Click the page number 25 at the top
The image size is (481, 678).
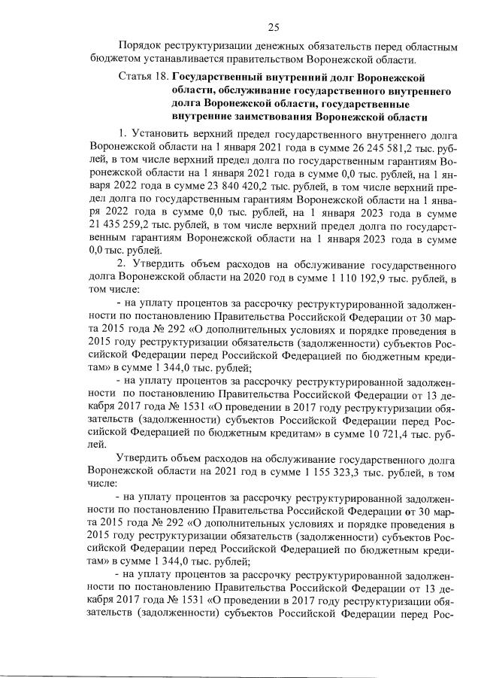(x=274, y=28)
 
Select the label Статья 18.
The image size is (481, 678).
(x=144, y=78)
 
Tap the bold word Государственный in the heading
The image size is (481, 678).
(x=222, y=78)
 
